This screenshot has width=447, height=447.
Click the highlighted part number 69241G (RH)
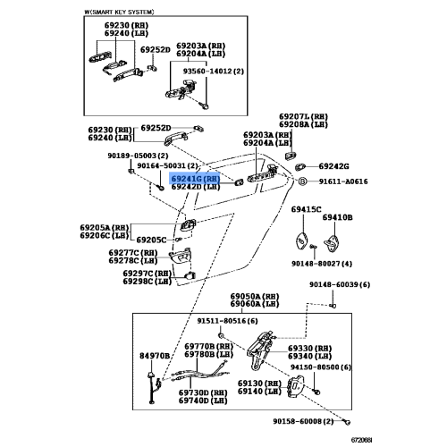pos(196,179)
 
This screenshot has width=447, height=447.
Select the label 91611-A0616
pos(343,181)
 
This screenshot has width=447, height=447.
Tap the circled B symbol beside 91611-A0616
pos(302,181)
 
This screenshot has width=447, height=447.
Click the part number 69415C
pos(306,209)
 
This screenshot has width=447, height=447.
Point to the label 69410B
pos(337,217)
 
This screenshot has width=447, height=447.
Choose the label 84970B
pos(155,356)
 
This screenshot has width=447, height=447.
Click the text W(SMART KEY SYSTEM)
pos(119,12)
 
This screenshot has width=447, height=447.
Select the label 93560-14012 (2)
pos(213,72)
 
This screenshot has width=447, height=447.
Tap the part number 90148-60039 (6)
pos(340,284)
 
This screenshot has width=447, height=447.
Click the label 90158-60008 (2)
pos(303,421)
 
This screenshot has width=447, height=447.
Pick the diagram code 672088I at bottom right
pos(361,440)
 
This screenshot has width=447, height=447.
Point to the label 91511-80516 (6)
pos(227,321)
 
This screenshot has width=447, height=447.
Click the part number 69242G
pos(333,166)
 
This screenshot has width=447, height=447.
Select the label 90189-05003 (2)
pos(138,156)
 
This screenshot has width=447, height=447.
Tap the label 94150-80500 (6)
pos(321,367)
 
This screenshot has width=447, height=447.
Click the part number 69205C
pos(151,240)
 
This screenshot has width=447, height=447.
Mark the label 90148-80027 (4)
pos(322,264)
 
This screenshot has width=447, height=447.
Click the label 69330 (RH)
pos(309,349)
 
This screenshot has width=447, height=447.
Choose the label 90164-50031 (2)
pos(167,165)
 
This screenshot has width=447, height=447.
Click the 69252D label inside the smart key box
pos(156,50)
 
